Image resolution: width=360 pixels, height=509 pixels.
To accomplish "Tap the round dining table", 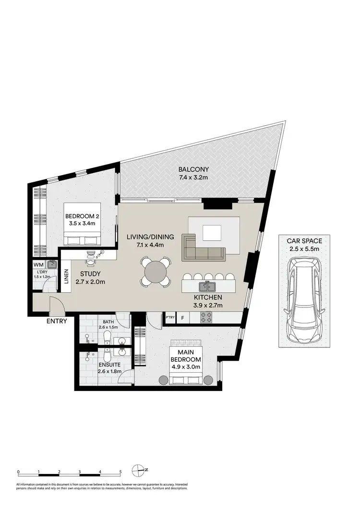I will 156,272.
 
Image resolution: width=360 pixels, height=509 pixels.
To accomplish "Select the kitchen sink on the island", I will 208,287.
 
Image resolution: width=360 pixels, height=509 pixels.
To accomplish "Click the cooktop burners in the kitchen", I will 206,318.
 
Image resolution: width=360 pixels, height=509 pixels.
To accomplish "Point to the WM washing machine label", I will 38,264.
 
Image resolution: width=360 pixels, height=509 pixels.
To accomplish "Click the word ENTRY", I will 56,321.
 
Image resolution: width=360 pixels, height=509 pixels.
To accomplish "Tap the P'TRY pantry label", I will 169,318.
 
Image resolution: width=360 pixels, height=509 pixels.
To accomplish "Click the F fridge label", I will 182,318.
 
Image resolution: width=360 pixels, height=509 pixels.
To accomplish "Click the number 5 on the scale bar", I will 120,472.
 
